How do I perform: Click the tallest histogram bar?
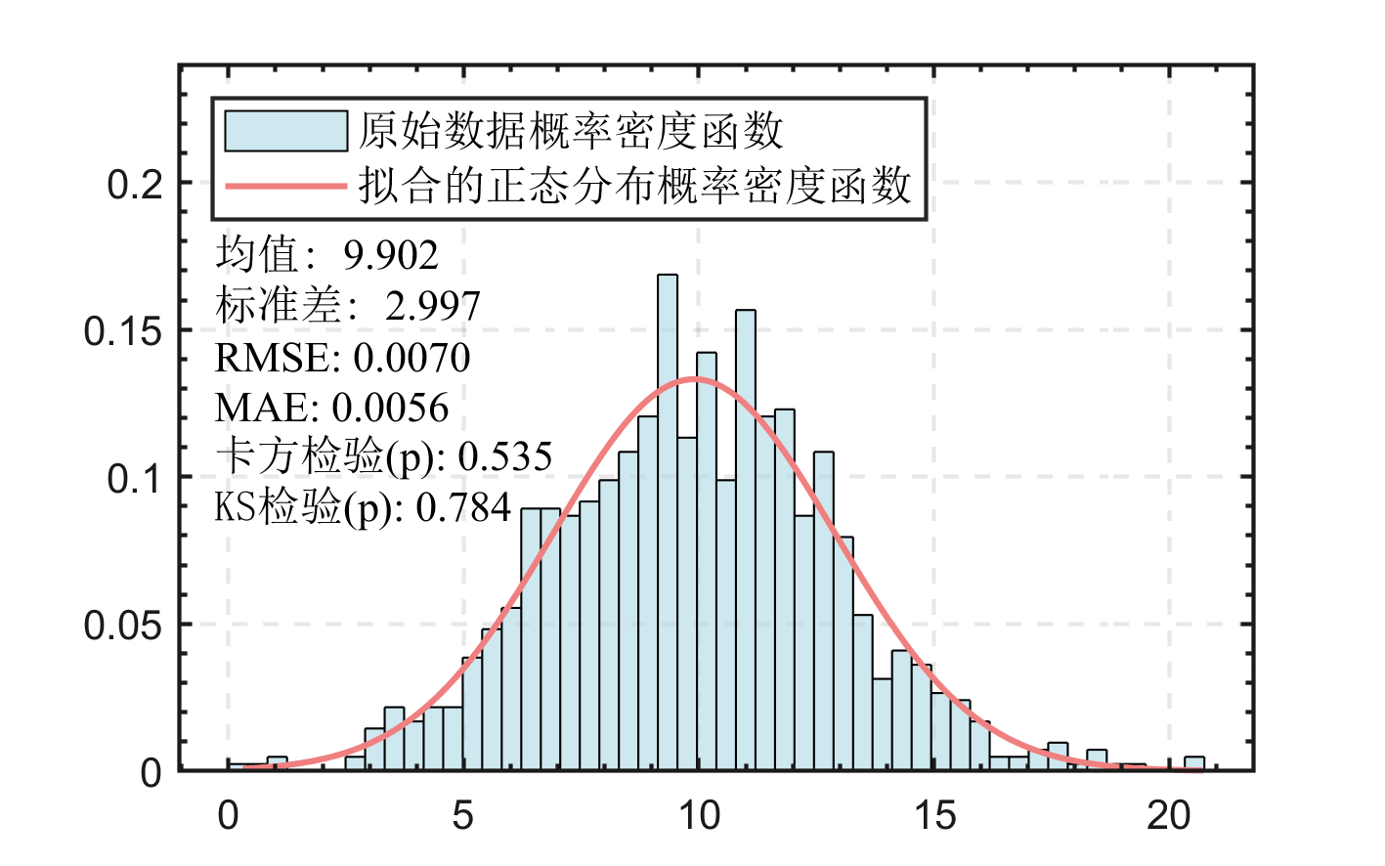668,523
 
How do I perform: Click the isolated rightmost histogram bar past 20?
1194,763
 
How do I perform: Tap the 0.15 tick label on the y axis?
123,331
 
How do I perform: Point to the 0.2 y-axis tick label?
136,184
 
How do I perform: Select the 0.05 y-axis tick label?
123,626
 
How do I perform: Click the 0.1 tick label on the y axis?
136,479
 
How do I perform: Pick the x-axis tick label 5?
463,815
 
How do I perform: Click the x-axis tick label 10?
699,815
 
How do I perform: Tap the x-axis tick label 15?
934,815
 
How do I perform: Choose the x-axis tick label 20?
1169,815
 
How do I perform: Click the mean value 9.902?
391,256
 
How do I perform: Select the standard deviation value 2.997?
433,307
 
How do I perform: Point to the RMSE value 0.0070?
411,359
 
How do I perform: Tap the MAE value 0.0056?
390,409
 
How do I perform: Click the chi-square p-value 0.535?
505,457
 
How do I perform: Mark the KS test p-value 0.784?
463,507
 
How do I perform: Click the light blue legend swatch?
286,131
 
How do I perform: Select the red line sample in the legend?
286,186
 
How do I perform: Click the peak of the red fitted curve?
695,378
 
